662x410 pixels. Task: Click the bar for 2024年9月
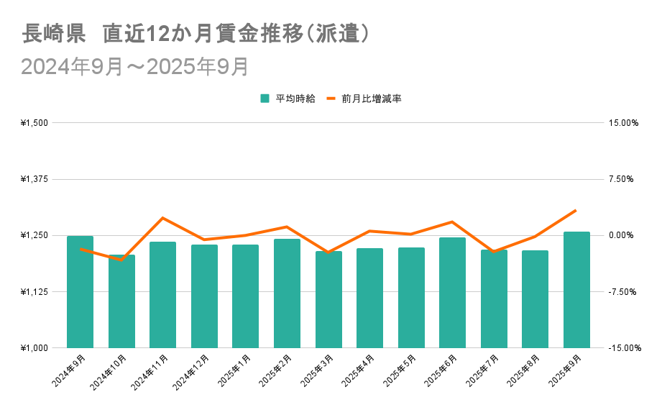pyautogui.click(x=80, y=291)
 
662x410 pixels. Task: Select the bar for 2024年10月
pyautogui.click(x=121, y=301)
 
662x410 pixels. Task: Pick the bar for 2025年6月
pyautogui.click(x=453, y=292)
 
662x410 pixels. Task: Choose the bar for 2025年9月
pyautogui.click(x=576, y=289)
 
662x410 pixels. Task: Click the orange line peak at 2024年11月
pyautogui.click(x=162, y=218)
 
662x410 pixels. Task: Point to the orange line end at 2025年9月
pyautogui.click(x=576, y=211)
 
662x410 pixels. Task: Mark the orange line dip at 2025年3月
pyautogui.click(x=328, y=252)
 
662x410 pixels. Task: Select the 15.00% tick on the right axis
pyautogui.click(x=622, y=123)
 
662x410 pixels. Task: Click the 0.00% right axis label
pyautogui.click(x=622, y=235)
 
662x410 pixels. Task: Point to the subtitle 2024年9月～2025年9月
pyautogui.click(x=135, y=66)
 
